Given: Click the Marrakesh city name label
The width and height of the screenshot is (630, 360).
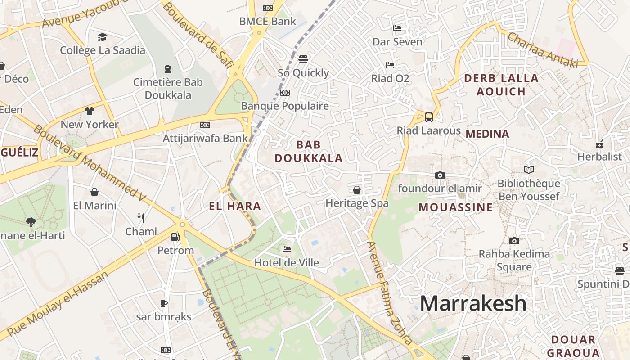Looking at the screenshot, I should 473,303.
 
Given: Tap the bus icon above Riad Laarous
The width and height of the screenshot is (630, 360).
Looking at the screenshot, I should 429,117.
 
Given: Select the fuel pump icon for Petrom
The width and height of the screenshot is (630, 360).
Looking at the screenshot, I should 175,237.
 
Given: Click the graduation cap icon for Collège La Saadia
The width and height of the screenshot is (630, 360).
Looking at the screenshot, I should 103,37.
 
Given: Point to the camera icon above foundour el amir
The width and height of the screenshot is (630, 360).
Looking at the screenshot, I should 440,175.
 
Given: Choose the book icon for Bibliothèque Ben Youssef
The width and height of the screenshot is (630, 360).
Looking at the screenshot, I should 529,170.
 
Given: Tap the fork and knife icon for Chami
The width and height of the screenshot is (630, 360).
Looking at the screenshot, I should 141,218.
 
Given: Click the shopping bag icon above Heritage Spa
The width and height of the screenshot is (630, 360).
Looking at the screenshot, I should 357,190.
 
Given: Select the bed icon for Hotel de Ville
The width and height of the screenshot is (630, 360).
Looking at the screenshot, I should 287,249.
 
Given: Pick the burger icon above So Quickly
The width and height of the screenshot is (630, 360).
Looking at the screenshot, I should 303,59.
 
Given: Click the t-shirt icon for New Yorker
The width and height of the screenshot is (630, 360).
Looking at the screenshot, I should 90,111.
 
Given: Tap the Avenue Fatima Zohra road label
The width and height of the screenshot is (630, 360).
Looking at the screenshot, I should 389,292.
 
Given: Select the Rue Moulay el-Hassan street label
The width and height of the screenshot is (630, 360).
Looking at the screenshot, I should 58,303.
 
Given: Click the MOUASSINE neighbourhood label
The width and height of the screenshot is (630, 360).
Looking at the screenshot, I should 455,207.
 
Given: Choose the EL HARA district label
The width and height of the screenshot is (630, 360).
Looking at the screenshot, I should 235,207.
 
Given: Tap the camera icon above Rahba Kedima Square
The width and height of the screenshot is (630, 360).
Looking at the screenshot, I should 514,241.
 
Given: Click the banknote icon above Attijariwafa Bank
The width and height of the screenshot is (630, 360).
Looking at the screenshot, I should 205,125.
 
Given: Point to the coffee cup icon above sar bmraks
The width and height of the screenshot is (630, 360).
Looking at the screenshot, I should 164,303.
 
